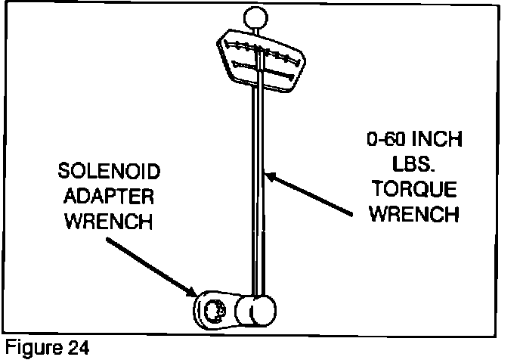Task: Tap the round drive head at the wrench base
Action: click(255, 310)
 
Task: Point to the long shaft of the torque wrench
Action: click(258, 189)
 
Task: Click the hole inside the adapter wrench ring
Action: click(212, 310)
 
